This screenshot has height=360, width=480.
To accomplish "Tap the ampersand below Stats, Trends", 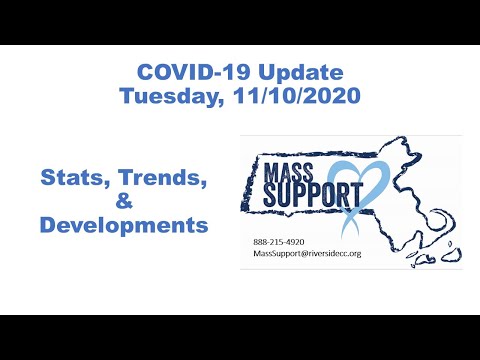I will point(124,203).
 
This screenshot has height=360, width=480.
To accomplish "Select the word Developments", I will point(124,225).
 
